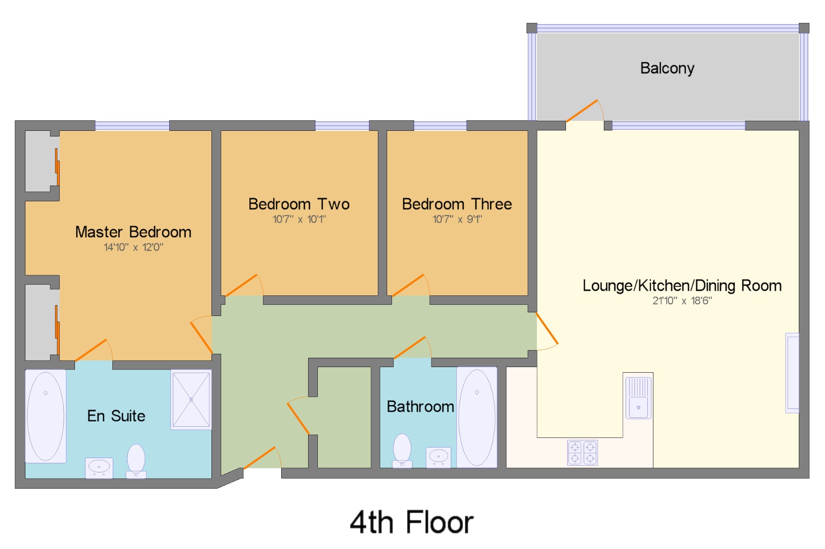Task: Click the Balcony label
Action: [x=667, y=68]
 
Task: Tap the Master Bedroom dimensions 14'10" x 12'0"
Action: [x=133, y=247]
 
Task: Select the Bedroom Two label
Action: [x=299, y=204]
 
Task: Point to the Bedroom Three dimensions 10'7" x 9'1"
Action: [x=457, y=219]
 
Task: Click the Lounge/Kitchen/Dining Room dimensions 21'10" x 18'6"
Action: [x=682, y=301]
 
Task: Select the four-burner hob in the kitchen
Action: [x=582, y=452]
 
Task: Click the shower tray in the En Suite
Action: [x=191, y=399]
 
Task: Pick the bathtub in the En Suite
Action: [x=46, y=416]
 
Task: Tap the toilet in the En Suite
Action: [x=136, y=461]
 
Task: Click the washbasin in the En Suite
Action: [x=99, y=468]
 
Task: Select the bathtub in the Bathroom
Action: [x=477, y=417]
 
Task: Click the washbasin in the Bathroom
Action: [x=438, y=457]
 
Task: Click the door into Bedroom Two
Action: [x=241, y=285]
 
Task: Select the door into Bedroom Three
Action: [x=408, y=285]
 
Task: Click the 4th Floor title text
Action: [x=412, y=522]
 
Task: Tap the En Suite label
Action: [x=116, y=416]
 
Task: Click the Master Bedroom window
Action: [x=132, y=126]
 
